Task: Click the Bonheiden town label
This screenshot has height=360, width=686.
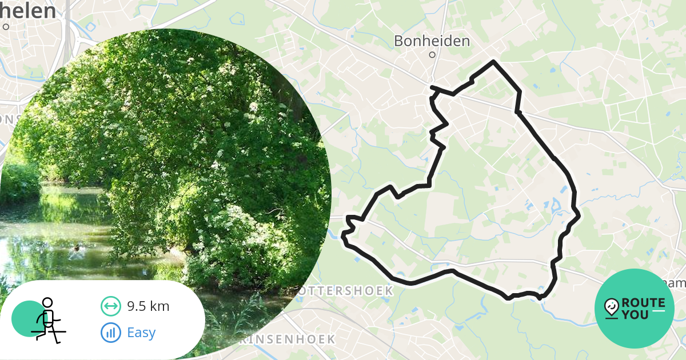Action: pos(432,41)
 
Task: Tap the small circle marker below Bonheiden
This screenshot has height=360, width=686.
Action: pos(432,55)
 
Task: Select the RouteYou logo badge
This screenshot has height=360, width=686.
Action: pos(634,309)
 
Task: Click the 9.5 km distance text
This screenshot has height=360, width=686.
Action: pos(148,306)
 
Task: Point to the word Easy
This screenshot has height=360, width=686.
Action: pos(141,332)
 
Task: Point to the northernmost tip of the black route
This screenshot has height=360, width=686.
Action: pos(493,61)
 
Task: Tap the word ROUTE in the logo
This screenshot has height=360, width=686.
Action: pos(643,303)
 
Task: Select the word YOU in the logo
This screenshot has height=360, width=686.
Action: pos(636,314)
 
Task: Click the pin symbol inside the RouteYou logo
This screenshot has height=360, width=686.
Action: pos(611,307)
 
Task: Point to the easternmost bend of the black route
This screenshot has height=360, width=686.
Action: pos(579,215)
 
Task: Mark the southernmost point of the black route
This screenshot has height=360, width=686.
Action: pos(508,298)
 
